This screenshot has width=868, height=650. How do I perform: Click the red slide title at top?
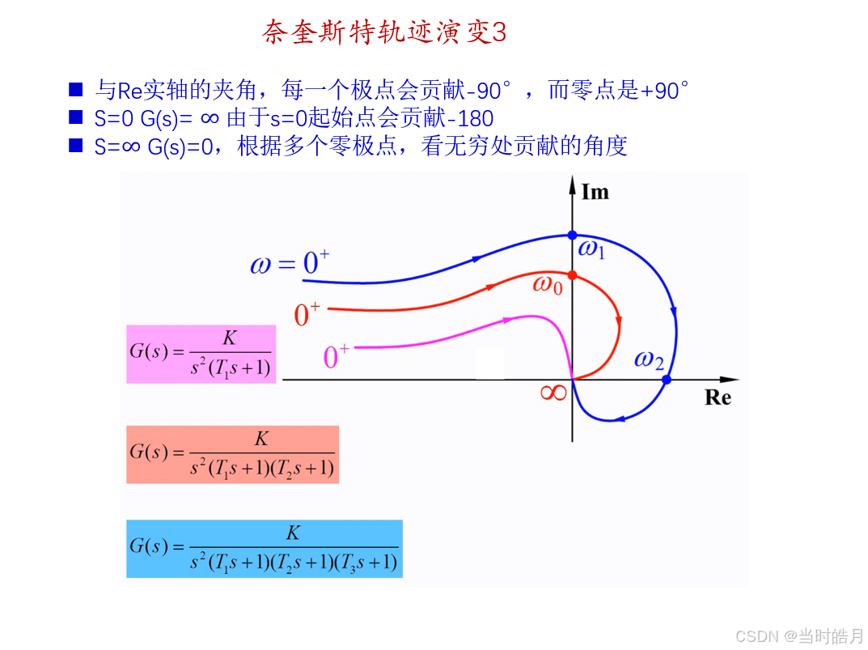coord(384,32)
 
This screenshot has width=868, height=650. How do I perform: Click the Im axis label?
coord(595,192)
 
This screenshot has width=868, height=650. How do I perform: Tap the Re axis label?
coord(718,397)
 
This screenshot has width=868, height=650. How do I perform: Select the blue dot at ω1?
coord(572,235)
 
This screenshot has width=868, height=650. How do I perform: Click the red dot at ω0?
coord(572,275)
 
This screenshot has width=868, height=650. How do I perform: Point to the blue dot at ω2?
coord(666,380)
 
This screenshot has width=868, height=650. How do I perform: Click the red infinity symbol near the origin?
coord(553,393)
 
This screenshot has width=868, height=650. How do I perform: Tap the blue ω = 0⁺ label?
coord(290,263)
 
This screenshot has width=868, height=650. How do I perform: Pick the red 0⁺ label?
coord(307,314)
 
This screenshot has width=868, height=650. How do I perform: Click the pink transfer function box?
coord(201,354)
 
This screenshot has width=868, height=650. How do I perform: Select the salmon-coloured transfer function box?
coord(232,454)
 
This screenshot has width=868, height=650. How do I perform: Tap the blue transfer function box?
coord(264,549)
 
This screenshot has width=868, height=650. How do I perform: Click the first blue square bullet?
coord(76,89)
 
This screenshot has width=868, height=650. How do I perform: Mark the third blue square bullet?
coord(76,146)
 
